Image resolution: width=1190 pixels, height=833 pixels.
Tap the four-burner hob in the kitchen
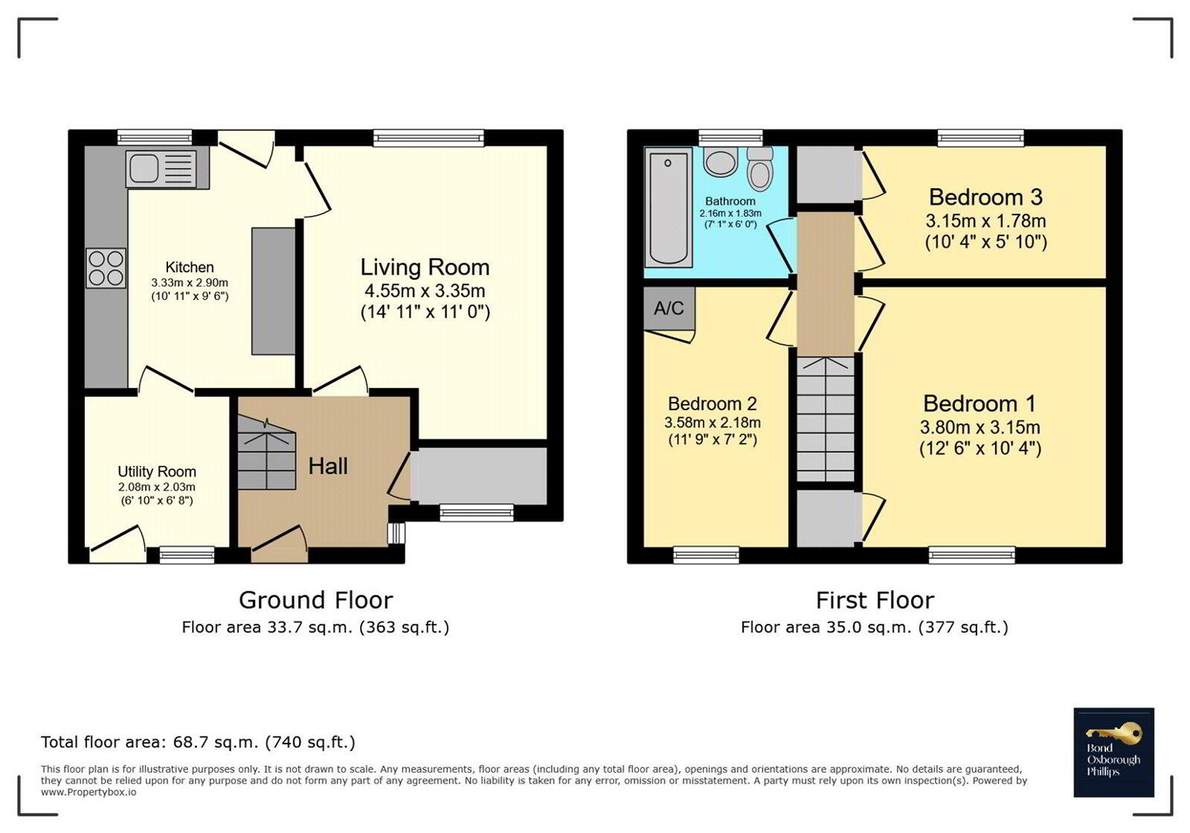[106, 268]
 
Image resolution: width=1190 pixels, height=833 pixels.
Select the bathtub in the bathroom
[668, 207]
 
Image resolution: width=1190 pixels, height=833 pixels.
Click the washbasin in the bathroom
[721, 161]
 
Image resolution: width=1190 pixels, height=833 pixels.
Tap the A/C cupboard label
[668, 308]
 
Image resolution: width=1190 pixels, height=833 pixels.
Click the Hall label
[328, 466]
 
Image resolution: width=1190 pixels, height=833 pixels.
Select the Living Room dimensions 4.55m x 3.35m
[425, 291]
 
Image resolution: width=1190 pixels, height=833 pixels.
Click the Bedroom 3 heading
[986, 197]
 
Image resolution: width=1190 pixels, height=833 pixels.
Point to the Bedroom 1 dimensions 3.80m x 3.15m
[980, 427]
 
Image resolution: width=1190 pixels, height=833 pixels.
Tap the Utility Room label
[156, 471]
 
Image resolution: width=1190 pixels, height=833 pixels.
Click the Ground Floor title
[315, 600]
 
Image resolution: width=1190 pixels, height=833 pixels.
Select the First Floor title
[875, 601]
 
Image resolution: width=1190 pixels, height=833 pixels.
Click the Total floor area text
[197, 741]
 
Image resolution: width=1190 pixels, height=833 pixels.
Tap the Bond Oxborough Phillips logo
[1114, 752]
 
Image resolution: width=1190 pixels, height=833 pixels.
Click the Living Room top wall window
[429, 138]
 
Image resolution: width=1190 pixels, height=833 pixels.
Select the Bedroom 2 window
[706, 555]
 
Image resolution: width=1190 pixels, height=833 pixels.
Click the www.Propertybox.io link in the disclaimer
[89, 792]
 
